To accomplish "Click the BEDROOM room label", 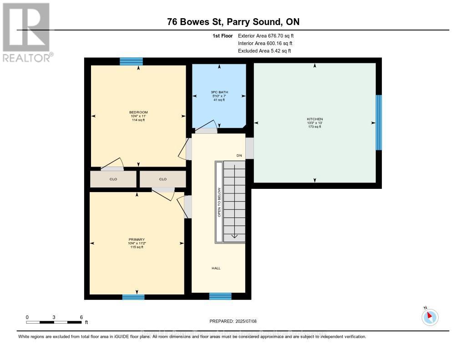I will click(x=138, y=112).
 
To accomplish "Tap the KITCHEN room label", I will click(x=314, y=119).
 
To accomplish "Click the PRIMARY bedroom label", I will click(x=137, y=239).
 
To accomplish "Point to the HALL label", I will click(x=216, y=268).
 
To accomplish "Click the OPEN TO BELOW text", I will click(x=219, y=202).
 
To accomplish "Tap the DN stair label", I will click(x=239, y=156).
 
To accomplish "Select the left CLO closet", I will click(x=113, y=179).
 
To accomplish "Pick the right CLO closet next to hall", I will click(x=163, y=179).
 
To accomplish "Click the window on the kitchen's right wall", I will click(x=379, y=122).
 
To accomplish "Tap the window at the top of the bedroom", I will click(x=131, y=61).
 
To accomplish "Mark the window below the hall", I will click(x=220, y=296).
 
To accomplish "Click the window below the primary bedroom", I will click(x=133, y=297).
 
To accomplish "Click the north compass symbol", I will click(x=430, y=317).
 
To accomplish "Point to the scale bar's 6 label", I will click(x=81, y=317).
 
